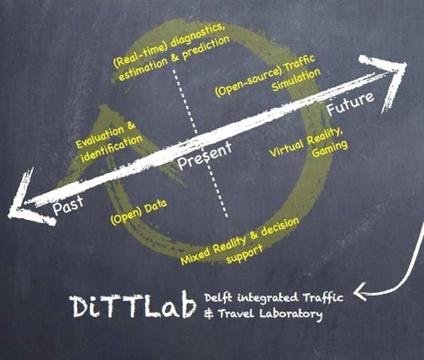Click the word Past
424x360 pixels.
68,205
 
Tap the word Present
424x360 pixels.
204,156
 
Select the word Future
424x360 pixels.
351,104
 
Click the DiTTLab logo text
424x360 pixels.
133,307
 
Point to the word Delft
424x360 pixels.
218,298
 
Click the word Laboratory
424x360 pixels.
291,315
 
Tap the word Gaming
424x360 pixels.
330,149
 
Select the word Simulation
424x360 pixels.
296,80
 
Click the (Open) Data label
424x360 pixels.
139,212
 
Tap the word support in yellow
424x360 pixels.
244,254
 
